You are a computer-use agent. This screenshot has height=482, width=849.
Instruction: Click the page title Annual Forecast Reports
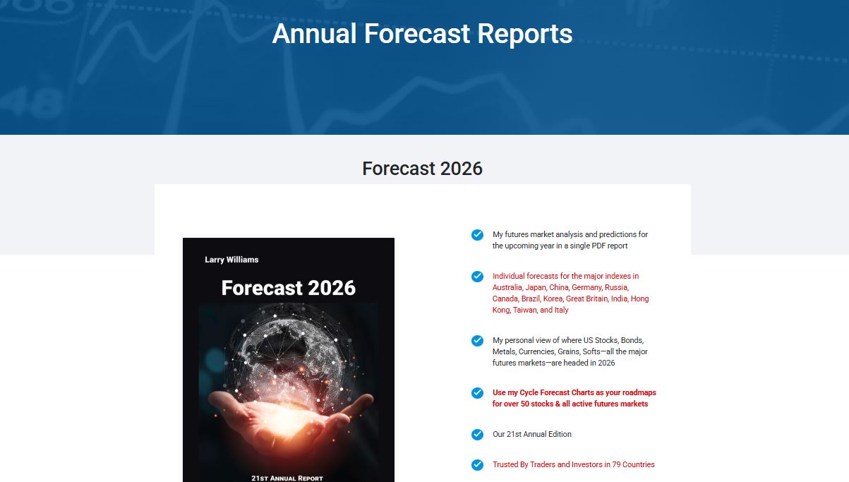pos(422,34)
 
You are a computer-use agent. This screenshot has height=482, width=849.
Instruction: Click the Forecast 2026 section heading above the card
pos(422,169)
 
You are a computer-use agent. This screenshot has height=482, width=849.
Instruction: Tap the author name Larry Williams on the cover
pos(231,260)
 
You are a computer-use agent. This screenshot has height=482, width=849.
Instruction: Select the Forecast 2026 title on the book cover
pos(288,288)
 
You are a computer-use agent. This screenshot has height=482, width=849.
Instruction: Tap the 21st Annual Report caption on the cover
pos(287,478)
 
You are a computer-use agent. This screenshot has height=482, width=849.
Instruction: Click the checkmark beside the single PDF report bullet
pos(477,235)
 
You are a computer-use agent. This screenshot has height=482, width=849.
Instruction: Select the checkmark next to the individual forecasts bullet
pos(477,277)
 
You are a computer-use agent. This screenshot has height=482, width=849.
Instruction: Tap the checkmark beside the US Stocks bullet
pos(477,341)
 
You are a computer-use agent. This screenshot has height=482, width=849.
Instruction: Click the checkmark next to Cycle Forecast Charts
pos(477,393)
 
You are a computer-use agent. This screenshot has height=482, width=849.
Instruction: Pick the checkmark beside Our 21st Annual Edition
pos(477,435)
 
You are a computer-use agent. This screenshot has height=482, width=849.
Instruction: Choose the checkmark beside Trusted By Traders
pos(477,464)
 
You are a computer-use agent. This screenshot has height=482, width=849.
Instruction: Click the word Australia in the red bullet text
pos(507,287)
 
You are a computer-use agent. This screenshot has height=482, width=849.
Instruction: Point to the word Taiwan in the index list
pos(524,310)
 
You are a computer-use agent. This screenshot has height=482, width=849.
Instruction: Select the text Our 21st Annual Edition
pos(532,434)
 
